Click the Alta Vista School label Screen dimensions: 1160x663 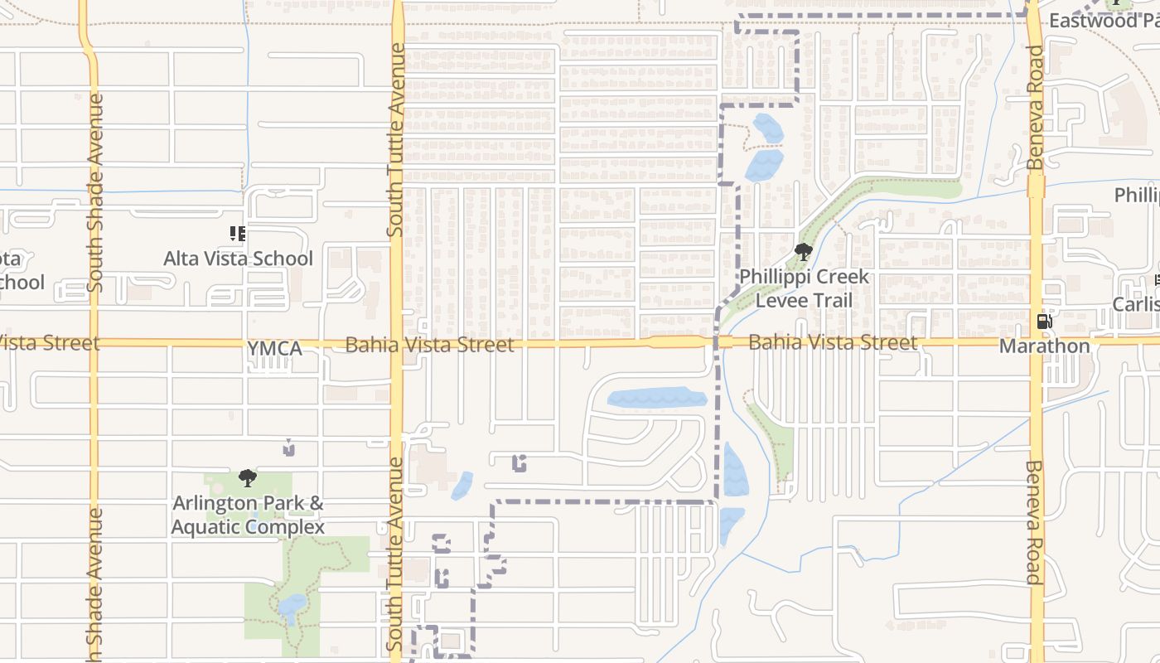238,259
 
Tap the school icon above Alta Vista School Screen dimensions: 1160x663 238,235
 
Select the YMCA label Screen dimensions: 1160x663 274,349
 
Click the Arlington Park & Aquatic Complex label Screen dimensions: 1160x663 248,515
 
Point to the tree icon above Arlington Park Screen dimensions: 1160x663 247,478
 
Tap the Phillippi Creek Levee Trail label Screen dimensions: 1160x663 804,288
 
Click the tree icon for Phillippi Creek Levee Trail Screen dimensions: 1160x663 802,252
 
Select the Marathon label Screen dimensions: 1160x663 1044,346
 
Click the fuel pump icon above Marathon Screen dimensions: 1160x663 1044,322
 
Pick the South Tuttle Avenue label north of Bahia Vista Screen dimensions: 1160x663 397,141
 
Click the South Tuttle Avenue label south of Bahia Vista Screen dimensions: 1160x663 397,554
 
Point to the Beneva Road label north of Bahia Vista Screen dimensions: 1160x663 1035,108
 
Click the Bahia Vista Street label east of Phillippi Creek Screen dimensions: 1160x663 833,341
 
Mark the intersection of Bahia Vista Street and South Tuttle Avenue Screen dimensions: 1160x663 397,342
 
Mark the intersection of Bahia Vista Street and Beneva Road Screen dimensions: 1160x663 1035,341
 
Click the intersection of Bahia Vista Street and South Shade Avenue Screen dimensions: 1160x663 94,342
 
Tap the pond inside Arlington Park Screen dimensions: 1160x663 292,607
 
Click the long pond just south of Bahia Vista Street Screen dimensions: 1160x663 657,399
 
